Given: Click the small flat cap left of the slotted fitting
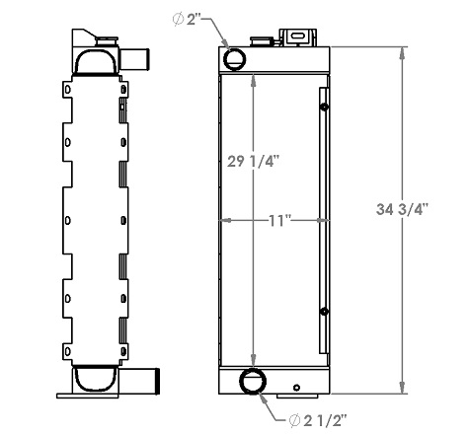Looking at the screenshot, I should pos(265,41).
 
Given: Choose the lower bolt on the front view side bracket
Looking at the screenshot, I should pos(323,313).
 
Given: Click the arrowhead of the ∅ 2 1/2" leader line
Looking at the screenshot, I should pos(263,397).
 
